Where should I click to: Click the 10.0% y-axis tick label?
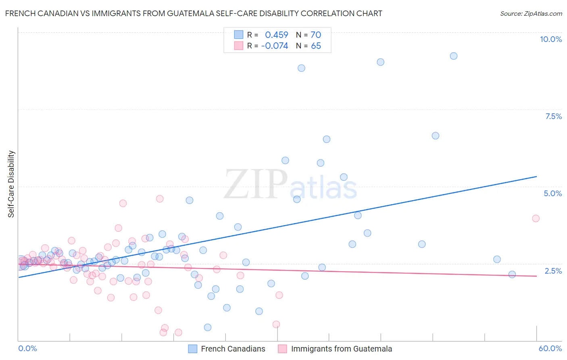[x=550, y=39]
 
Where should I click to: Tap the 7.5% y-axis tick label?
[x=553, y=116]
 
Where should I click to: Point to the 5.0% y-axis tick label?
[x=552, y=193]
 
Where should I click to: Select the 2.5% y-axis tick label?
[x=553, y=271]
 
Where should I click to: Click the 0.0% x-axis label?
[x=27, y=348]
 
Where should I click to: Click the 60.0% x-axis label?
[x=550, y=348]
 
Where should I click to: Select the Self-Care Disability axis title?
[x=11, y=184]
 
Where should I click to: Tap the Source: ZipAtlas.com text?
[x=531, y=13]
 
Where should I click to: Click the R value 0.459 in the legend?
[x=276, y=35]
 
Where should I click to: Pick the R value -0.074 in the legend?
[x=274, y=46]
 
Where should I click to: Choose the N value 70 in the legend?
[x=316, y=35]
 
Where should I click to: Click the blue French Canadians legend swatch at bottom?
[x=193, y=349]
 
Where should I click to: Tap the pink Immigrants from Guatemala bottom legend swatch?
[x=282, y=349]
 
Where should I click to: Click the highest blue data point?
[x=454, y=56]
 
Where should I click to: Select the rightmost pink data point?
[x=536, y=218]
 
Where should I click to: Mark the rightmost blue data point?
[x=512, y=274]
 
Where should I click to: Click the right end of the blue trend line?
[x=537, y=176]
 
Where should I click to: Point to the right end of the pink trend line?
[x=537, y=276]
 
